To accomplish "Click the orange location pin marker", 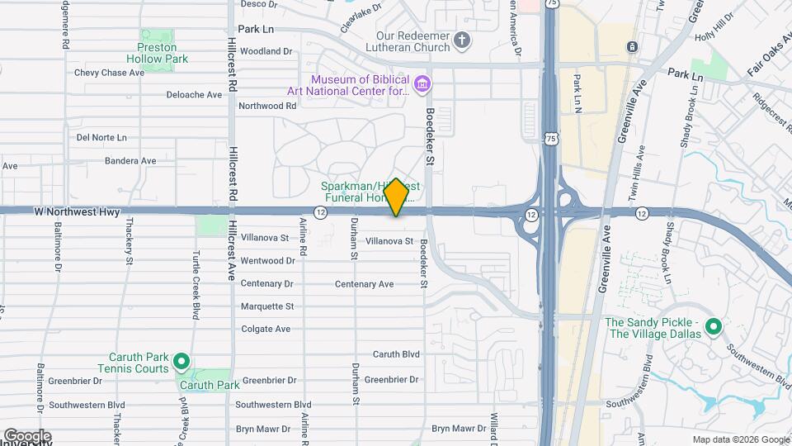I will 396,197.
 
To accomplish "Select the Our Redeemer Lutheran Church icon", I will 463,40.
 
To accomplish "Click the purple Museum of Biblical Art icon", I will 422,84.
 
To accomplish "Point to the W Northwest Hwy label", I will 77,212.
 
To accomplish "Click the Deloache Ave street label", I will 194,95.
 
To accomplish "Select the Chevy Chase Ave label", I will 109,73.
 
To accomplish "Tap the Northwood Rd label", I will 266,106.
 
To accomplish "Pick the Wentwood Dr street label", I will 267,261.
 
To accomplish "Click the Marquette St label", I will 267,306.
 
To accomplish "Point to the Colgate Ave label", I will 266,329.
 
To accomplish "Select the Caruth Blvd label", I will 396,354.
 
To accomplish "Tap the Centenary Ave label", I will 364,284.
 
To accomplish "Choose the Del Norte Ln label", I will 101,137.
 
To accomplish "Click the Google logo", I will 26,435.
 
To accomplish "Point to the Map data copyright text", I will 739,439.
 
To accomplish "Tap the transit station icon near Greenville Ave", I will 632,46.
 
